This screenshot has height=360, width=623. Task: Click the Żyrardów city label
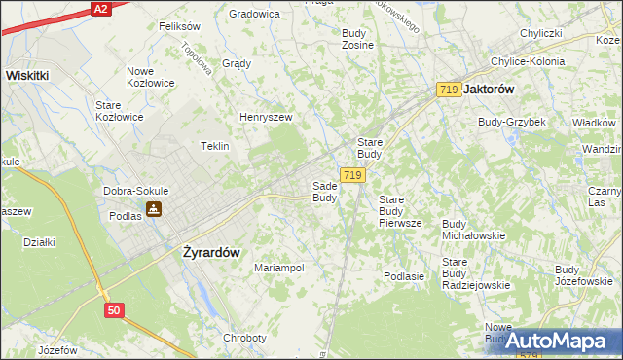tap(211, 251)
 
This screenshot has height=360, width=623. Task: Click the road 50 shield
tap(115, 308)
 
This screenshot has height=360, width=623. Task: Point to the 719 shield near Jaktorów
tap(449, 89)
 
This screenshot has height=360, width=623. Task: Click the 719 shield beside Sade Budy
tap(352, 175)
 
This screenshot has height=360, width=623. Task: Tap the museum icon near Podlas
tap(154, 209)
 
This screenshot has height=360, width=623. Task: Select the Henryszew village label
tap(267, 117)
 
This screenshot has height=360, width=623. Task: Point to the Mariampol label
tap(279, 267)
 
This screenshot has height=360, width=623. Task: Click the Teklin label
tap(214, 146)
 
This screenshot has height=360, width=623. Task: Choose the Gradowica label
tap(254, 14)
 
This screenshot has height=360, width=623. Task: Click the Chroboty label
tap(244, 338)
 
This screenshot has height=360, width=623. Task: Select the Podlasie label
tap(404, 276)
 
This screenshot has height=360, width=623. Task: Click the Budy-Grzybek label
tap(511, 122)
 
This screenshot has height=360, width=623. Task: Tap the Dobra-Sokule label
tap(137, 191)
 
